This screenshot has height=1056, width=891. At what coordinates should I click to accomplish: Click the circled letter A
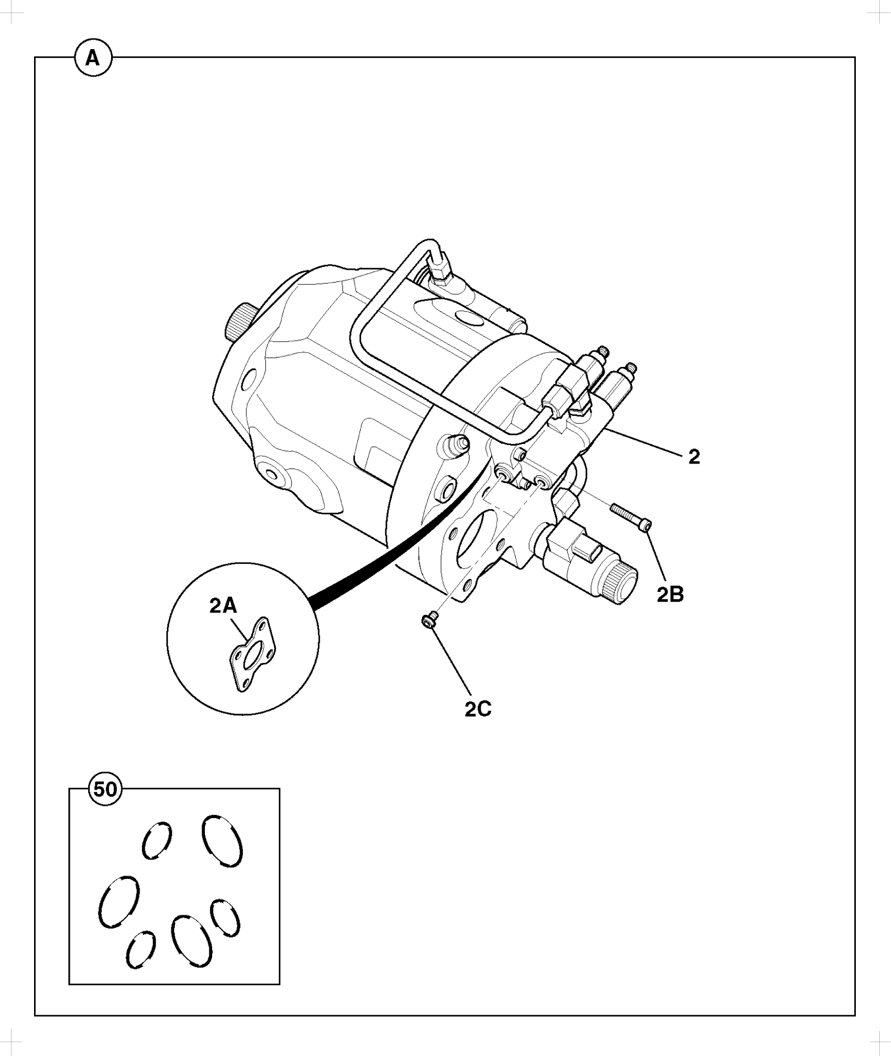pos(93,58)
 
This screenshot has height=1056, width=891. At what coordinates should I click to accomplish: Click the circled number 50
pos(106,789)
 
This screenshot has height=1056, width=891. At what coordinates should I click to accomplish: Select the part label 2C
pos(478,709)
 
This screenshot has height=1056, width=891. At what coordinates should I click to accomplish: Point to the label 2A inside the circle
pos(223,606)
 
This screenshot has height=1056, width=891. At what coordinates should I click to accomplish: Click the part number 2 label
pos(694,457)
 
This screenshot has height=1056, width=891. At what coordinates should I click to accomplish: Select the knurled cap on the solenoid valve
pos(620,582)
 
